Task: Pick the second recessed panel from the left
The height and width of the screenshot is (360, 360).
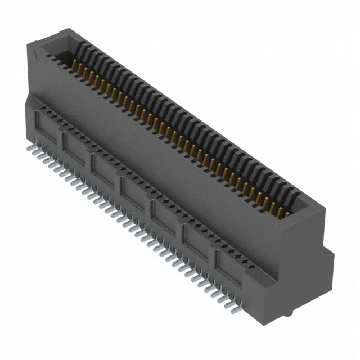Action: [75, 147]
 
